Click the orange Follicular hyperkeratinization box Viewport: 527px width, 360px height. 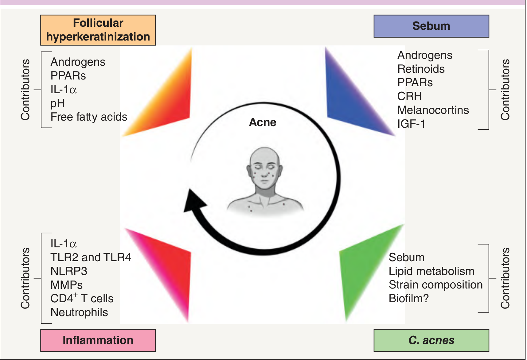coord(98,30)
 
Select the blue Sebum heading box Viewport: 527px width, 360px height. coord(431,26)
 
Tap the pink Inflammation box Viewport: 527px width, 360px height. coord(98,340)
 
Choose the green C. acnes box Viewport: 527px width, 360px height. coord(431,340)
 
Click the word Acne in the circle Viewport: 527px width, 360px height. coord(263,122)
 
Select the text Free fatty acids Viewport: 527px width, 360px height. coord(89,117)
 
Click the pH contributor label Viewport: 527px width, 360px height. coord(58,103)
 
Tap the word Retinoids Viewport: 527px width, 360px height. coord(421,69)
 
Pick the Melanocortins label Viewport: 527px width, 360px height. coord(433,110)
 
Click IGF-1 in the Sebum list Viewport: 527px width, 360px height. coord(411,124)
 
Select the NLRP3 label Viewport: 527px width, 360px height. coord(69,271)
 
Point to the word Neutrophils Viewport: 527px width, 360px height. coord(79,312)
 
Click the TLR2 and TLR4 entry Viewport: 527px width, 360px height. coord(91,257)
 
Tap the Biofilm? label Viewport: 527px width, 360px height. coord(408,298)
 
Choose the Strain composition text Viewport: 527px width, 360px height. coord(435,285)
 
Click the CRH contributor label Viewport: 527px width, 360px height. coord(409,96)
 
